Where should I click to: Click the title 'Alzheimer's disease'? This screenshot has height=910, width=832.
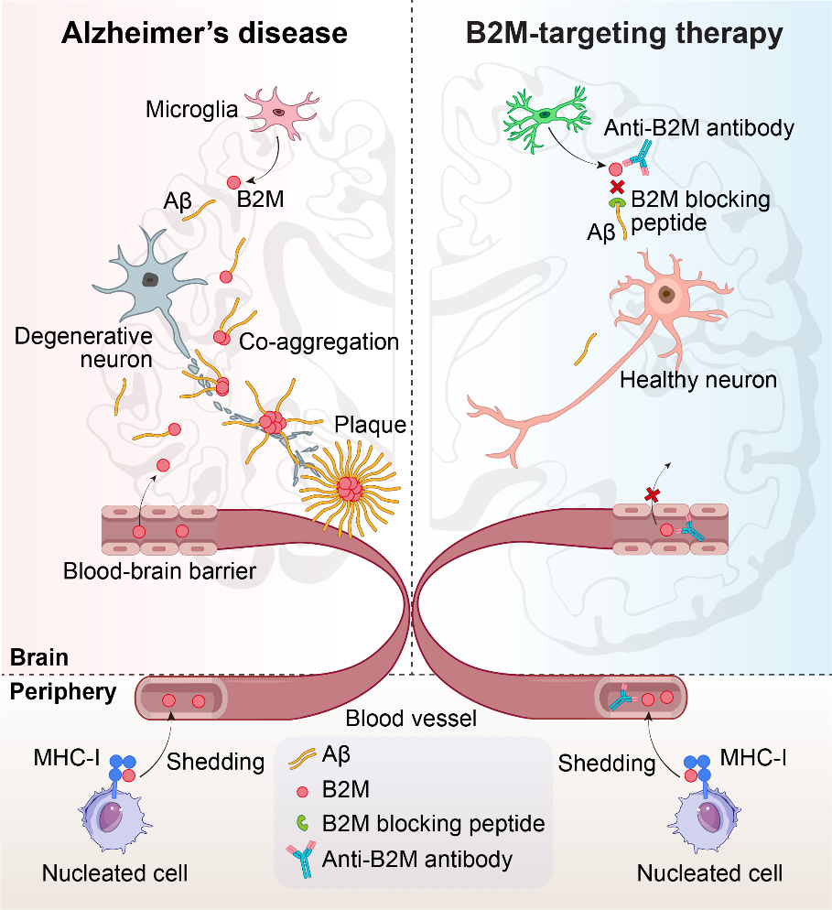[204, 35]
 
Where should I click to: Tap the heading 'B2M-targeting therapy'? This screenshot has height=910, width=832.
[624, 35]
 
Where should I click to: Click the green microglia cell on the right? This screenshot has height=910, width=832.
[545, 114]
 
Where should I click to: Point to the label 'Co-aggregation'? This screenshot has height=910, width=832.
[319, 341]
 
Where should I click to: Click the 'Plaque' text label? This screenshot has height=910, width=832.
[370, 425]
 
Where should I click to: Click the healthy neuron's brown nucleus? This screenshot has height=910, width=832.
[669, 295]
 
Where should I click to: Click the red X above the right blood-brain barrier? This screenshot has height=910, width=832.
[652, 494]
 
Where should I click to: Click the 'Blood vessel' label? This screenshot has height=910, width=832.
[411, 719]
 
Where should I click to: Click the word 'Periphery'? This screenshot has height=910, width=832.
[61, 691]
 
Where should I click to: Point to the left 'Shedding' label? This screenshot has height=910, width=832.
[216, 762]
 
